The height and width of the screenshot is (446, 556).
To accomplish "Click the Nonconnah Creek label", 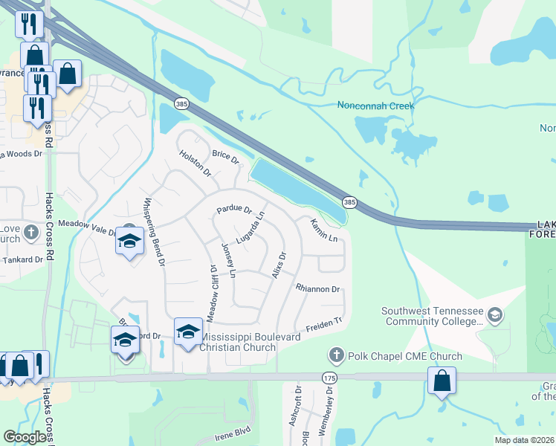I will coord(375,106).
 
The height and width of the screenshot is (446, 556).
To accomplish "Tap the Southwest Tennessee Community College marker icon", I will coord(495,317).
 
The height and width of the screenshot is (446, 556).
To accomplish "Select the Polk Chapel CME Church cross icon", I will coord(337,356).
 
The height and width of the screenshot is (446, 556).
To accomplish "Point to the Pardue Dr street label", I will coord(234,210).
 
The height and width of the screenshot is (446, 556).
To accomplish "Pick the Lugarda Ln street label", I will coord(250,227).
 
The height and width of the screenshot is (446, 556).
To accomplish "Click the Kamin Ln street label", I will coord(324,230).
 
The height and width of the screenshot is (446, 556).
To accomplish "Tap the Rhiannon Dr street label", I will coord(317,288).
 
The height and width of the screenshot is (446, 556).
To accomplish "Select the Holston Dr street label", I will coord(195,164).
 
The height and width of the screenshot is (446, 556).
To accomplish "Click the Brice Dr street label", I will coord(225,157).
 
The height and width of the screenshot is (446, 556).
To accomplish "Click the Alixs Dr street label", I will coord(279,265).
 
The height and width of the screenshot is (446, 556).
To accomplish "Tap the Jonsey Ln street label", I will coord(228,260).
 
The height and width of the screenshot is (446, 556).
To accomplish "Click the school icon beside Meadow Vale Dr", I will coord(129,241).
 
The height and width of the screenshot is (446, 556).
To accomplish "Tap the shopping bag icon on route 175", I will coord(442,381).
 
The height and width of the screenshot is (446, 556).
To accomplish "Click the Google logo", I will coord(25,437).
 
